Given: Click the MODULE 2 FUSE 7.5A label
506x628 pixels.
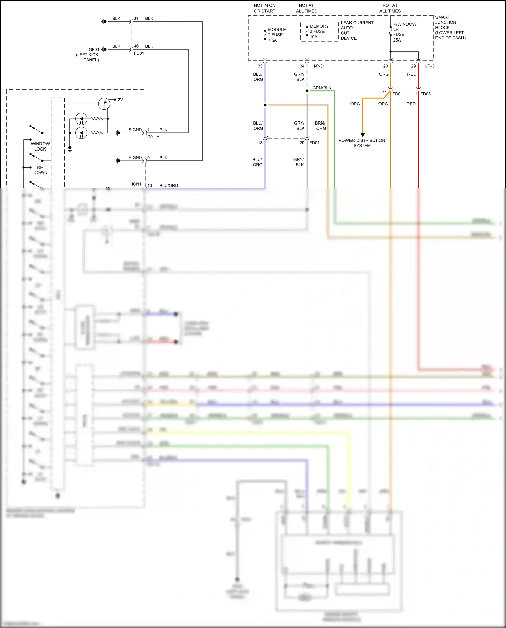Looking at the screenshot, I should click(x=276, y=35).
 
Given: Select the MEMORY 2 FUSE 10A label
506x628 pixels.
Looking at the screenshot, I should click(x=318, y=31).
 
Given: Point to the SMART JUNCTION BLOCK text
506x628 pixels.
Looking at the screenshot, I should click(x=449, y=27).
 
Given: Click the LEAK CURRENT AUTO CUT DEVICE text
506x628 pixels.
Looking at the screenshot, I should click(x=357, y=30).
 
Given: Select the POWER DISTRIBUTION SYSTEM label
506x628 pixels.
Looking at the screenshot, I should click(x=362, y=143).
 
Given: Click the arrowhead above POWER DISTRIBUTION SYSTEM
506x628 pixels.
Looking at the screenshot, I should click(x=363, y=135).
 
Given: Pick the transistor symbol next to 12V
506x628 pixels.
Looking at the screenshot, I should click(x=104, y=104).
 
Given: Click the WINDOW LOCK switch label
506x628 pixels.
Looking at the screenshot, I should click(x=40, y=146).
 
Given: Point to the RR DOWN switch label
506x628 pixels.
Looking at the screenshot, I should click(x=40, y=170).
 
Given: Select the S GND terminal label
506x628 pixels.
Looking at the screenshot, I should click(x=135, y=130).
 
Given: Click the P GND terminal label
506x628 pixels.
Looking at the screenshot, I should click(x=135, y=158).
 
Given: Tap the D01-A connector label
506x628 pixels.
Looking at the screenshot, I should click(x=153, y=137).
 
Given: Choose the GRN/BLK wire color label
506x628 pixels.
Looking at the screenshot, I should click(x=322, y=88).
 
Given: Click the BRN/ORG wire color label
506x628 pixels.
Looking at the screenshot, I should click(x=320, y=126).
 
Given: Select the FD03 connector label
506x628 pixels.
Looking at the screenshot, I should click(x=425, y=94).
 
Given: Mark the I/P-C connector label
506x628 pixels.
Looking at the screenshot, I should click(x=430, y=66).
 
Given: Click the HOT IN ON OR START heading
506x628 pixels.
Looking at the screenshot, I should click(x=264, y=8).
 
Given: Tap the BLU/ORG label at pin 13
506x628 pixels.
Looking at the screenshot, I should click(x=169, y=185).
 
